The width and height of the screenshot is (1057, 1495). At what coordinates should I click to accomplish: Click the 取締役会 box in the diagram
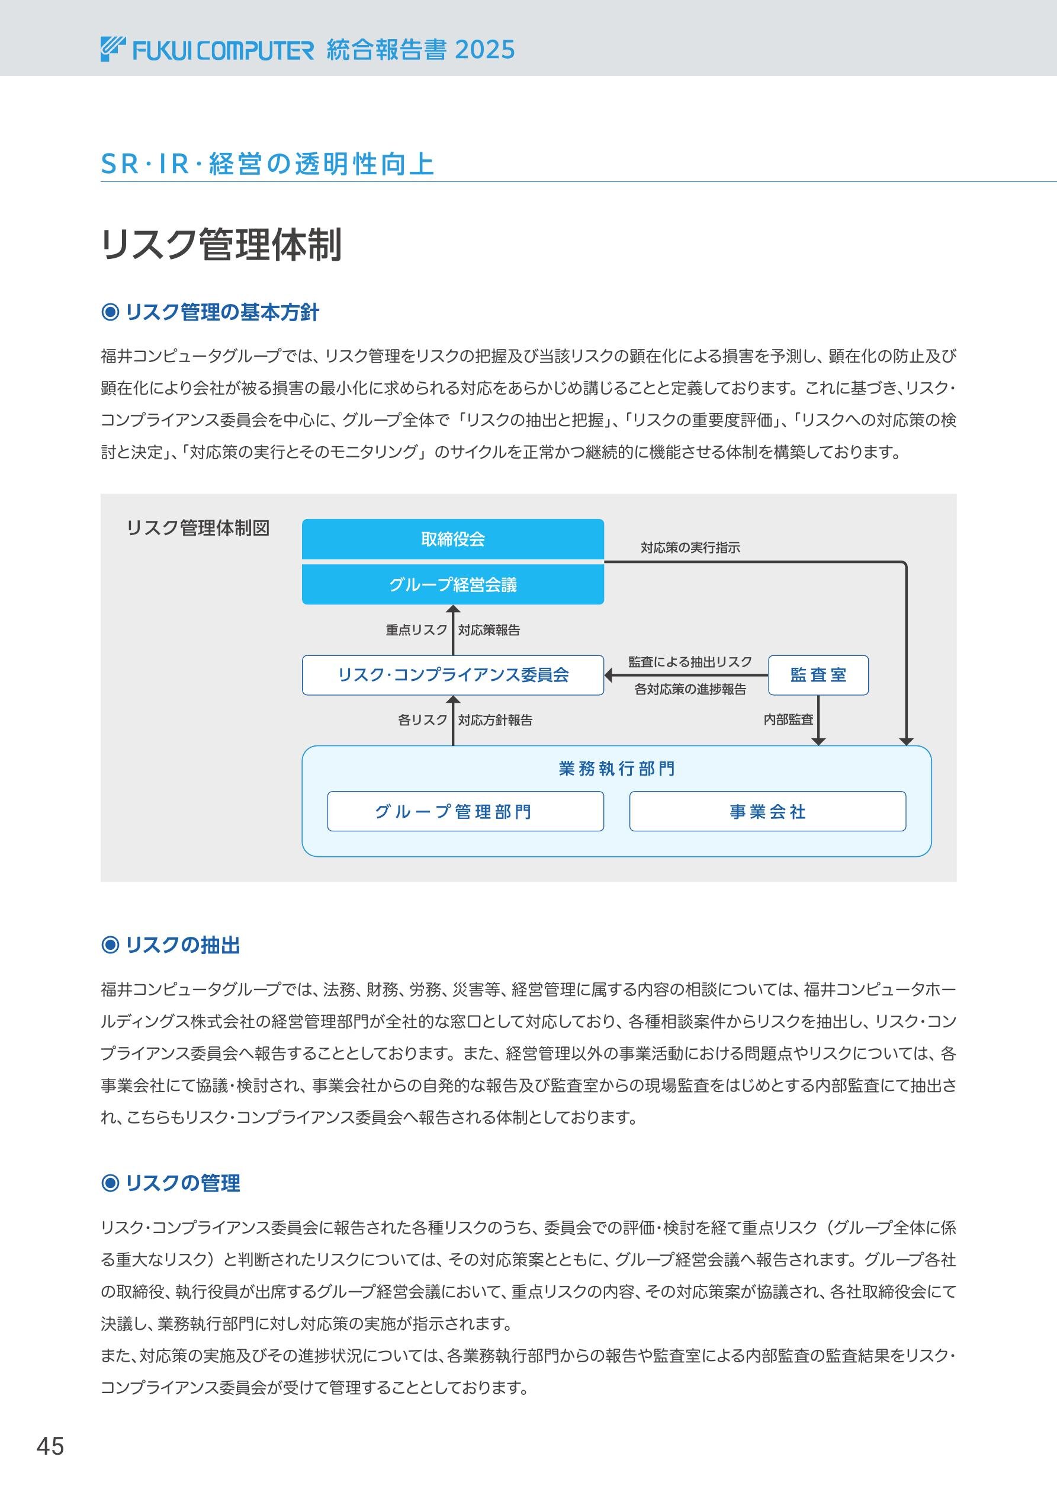452,539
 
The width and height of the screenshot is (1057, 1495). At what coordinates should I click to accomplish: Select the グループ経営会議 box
452,585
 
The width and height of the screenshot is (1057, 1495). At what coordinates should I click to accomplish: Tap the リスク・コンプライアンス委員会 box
452,676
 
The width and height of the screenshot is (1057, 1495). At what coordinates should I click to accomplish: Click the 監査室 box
818,676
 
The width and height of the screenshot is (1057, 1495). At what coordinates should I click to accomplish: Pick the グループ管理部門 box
465,811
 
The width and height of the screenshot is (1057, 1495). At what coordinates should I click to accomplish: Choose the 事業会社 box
767,811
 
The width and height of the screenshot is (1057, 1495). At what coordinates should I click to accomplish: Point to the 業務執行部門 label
616,769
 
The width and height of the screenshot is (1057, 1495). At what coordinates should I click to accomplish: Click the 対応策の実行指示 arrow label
690,548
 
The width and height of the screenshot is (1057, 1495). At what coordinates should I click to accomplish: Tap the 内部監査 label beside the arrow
788,719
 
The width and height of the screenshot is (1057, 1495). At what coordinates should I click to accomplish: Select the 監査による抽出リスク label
690,661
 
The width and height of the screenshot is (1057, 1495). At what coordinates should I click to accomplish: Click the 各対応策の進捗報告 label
690,689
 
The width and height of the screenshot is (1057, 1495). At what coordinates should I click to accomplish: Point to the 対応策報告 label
489,630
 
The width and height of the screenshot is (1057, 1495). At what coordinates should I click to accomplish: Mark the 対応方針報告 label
495,719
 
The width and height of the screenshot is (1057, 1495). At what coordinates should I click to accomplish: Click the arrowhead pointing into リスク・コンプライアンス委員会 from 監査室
609,676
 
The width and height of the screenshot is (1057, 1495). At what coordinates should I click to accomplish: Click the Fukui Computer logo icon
113,50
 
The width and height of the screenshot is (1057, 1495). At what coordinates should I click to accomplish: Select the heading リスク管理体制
221,245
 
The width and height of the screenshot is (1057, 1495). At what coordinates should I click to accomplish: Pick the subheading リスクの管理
182,1183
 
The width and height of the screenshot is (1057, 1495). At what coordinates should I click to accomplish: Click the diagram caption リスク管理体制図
197,527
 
